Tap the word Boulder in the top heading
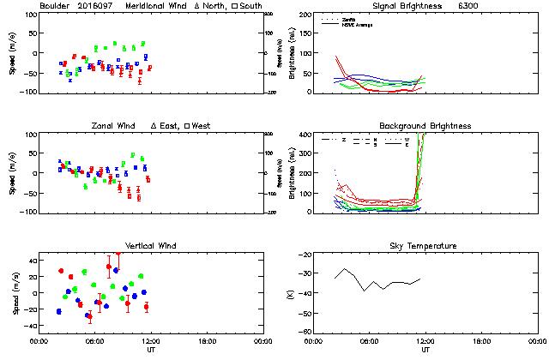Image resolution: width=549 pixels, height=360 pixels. [54, 7]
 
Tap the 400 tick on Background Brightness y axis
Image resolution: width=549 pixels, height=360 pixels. [305, 135]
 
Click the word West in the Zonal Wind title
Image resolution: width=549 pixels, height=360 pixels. [202, 126]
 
